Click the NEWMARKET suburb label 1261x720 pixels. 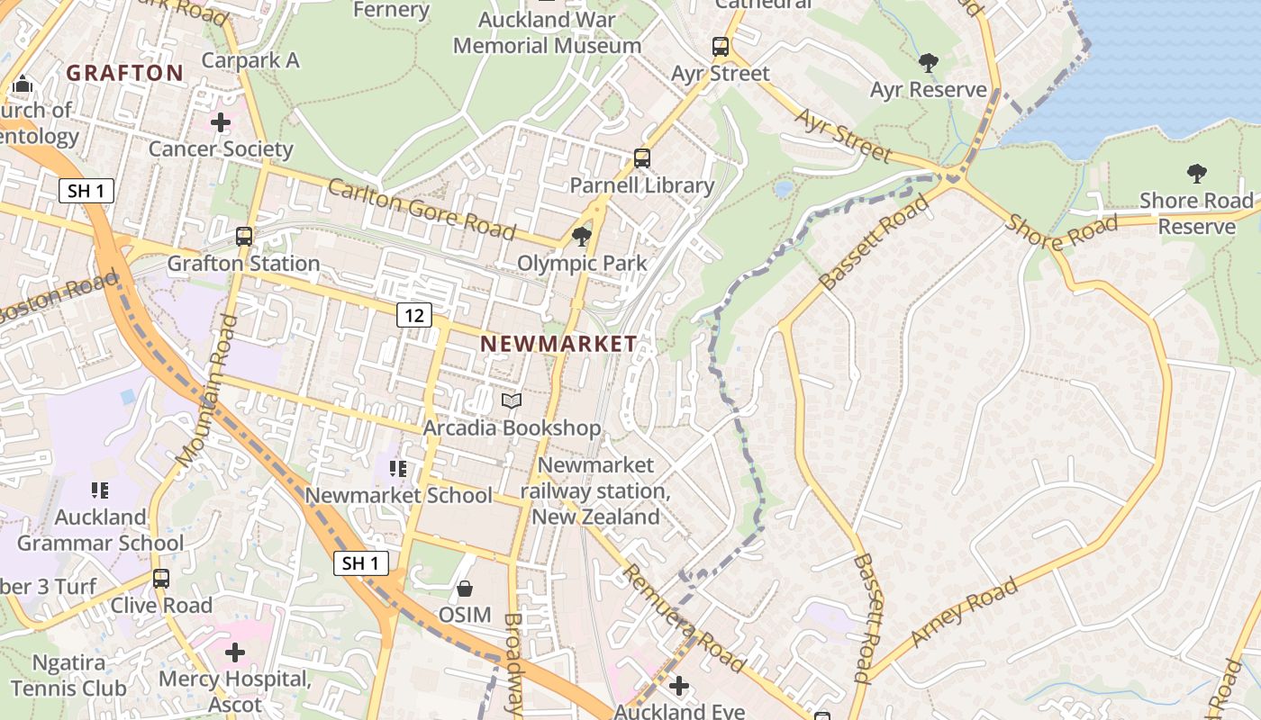[x=558, y=343]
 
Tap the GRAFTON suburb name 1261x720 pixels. [x=125, y=73]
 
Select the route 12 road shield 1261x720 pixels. [x=413, y=315]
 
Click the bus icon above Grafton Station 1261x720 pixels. [x=244, y=237]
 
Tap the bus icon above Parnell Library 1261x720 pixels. [x=642, y=158]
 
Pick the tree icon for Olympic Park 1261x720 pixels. [x=582, y=237]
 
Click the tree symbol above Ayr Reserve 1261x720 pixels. [x=929, y=63]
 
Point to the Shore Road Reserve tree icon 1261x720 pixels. [x=1197, y=173]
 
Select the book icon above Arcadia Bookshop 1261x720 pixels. [x=512, y=400]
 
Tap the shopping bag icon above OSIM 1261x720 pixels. [x=465, y=589]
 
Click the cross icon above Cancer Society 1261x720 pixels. [x=221, y=121]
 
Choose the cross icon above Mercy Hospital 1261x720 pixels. [x=235, y=652]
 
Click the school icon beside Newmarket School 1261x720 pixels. [x=398, y=469]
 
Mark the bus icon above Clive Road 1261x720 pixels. [x=161, y=578]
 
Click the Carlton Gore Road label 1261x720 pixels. [x=421, y=209]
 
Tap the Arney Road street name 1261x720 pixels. [x=964, y=612]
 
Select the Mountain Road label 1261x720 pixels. [x=207, y=391]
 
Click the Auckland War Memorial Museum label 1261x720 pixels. [x=547, y=32]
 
